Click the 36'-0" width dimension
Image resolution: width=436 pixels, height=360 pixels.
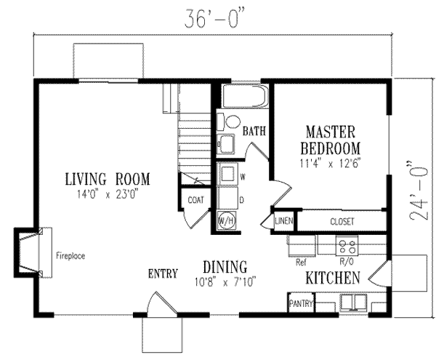click(x=216, y=19)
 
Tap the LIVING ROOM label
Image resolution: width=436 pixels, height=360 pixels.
click(x=108, y=179)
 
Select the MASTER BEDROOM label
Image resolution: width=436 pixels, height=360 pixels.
click(x=331, y=140)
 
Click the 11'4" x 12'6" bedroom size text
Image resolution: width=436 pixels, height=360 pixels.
click(x=331, y=163)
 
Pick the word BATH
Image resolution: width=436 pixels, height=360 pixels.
click(x=254, y=131)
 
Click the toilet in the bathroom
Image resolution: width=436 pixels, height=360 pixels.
click(x=229, y=122)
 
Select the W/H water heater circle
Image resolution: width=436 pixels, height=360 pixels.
click(x=227, y=221)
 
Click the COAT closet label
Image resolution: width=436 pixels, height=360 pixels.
click(x=195, y=200)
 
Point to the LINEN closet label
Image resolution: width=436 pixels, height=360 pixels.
click(x=284, y=221)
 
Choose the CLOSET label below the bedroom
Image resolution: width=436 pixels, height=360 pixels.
click(x=342, y=221)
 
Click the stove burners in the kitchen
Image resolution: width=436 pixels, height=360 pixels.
click(x=347, y=246)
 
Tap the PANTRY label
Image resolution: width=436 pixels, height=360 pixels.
click(x=301, y=303)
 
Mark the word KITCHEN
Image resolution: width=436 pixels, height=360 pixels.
click(x=333, y=278)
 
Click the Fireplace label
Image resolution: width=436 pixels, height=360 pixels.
click(x=70, y=256)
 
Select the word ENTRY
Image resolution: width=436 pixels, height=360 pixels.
click(x=163, y=273)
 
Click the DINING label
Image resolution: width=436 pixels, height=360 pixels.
click(x=225, y=267)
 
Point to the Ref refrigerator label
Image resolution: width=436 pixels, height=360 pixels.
click(x=301, y=262)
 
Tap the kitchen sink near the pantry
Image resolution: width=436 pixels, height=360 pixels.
click(x=354, y=303)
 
